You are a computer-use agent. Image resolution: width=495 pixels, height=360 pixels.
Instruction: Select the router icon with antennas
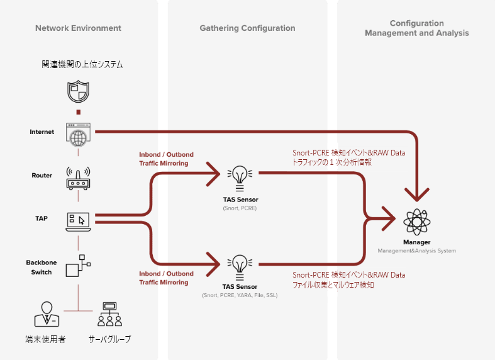coord(78,178)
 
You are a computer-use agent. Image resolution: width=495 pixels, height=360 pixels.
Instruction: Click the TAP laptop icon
coord(78,220)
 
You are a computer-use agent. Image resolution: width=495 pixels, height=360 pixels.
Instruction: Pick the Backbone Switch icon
coord(78,265)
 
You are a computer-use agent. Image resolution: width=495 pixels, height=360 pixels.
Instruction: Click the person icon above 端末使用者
coord(45,313)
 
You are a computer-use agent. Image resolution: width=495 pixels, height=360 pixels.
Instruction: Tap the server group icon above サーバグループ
coord(109,313)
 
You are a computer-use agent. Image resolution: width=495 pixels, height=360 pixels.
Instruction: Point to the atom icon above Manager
coord(416,222)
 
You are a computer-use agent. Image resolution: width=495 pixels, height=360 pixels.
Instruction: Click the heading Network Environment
coord(78,28)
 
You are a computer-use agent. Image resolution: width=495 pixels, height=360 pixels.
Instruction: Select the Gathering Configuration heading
coord(247,28)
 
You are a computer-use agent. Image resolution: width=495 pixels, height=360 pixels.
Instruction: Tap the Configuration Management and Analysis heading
coord(416,28)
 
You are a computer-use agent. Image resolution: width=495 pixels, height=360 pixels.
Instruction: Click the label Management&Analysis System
coord(416,250)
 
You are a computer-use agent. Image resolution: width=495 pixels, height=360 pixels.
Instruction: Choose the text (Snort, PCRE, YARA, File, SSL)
coord(239,295)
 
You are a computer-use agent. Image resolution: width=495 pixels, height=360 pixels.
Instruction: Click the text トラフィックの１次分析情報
coord(333,162)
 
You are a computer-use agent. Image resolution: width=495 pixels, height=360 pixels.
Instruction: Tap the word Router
coord(42,176)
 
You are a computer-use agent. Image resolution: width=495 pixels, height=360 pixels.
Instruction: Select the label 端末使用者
coord(45,339)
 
